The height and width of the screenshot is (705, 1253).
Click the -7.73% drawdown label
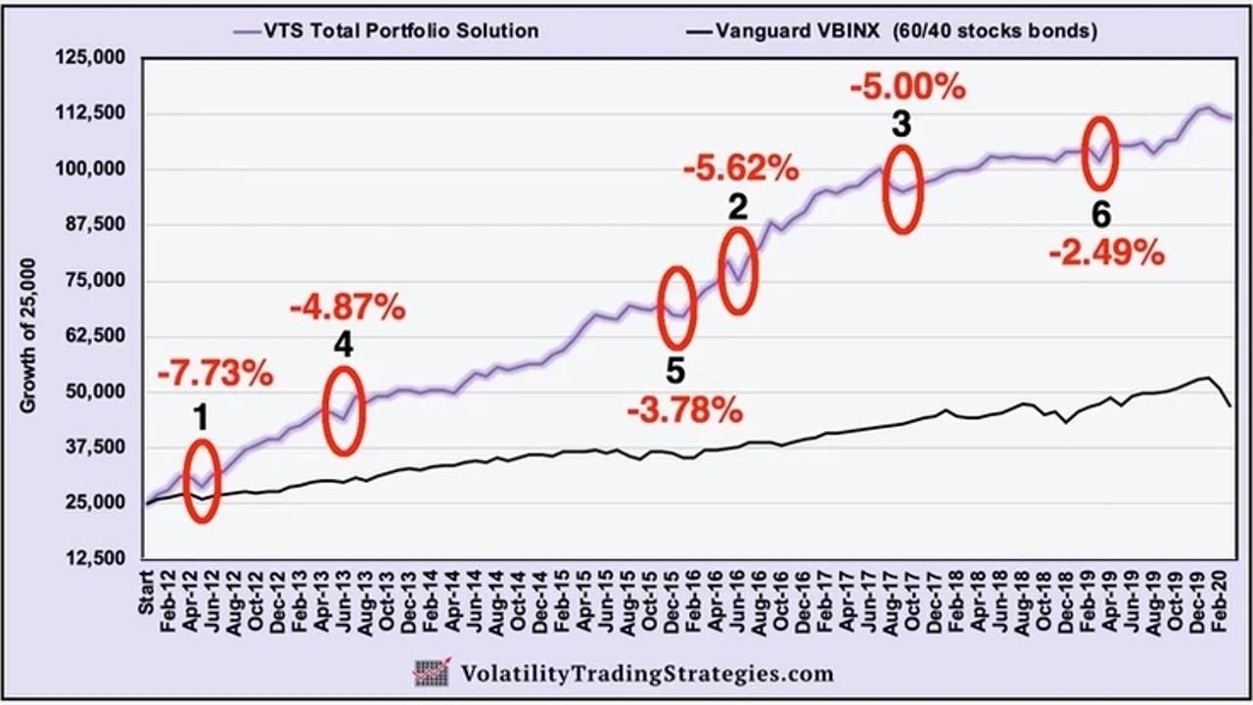(x=214, y=374)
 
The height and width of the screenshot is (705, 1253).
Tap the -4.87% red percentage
(x=348, y=308)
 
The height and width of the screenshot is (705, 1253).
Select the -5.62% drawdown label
(x=741, y=169)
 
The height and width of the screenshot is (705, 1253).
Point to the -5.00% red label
(x=907, y=87)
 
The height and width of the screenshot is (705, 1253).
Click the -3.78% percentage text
(x=685, y=410)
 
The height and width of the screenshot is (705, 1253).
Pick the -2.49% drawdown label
(x=1106, y=254)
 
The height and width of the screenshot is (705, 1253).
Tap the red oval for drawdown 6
(x=1100, y=154)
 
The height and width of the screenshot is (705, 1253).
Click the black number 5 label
(x=675, y=373)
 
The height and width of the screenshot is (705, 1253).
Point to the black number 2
(x=737, y=207)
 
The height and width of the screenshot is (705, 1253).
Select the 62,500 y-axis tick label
(x=98, y=336)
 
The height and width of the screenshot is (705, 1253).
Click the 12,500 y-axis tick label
(x=98, y=558)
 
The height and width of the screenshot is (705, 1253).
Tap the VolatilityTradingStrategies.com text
(x=647, y=674)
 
